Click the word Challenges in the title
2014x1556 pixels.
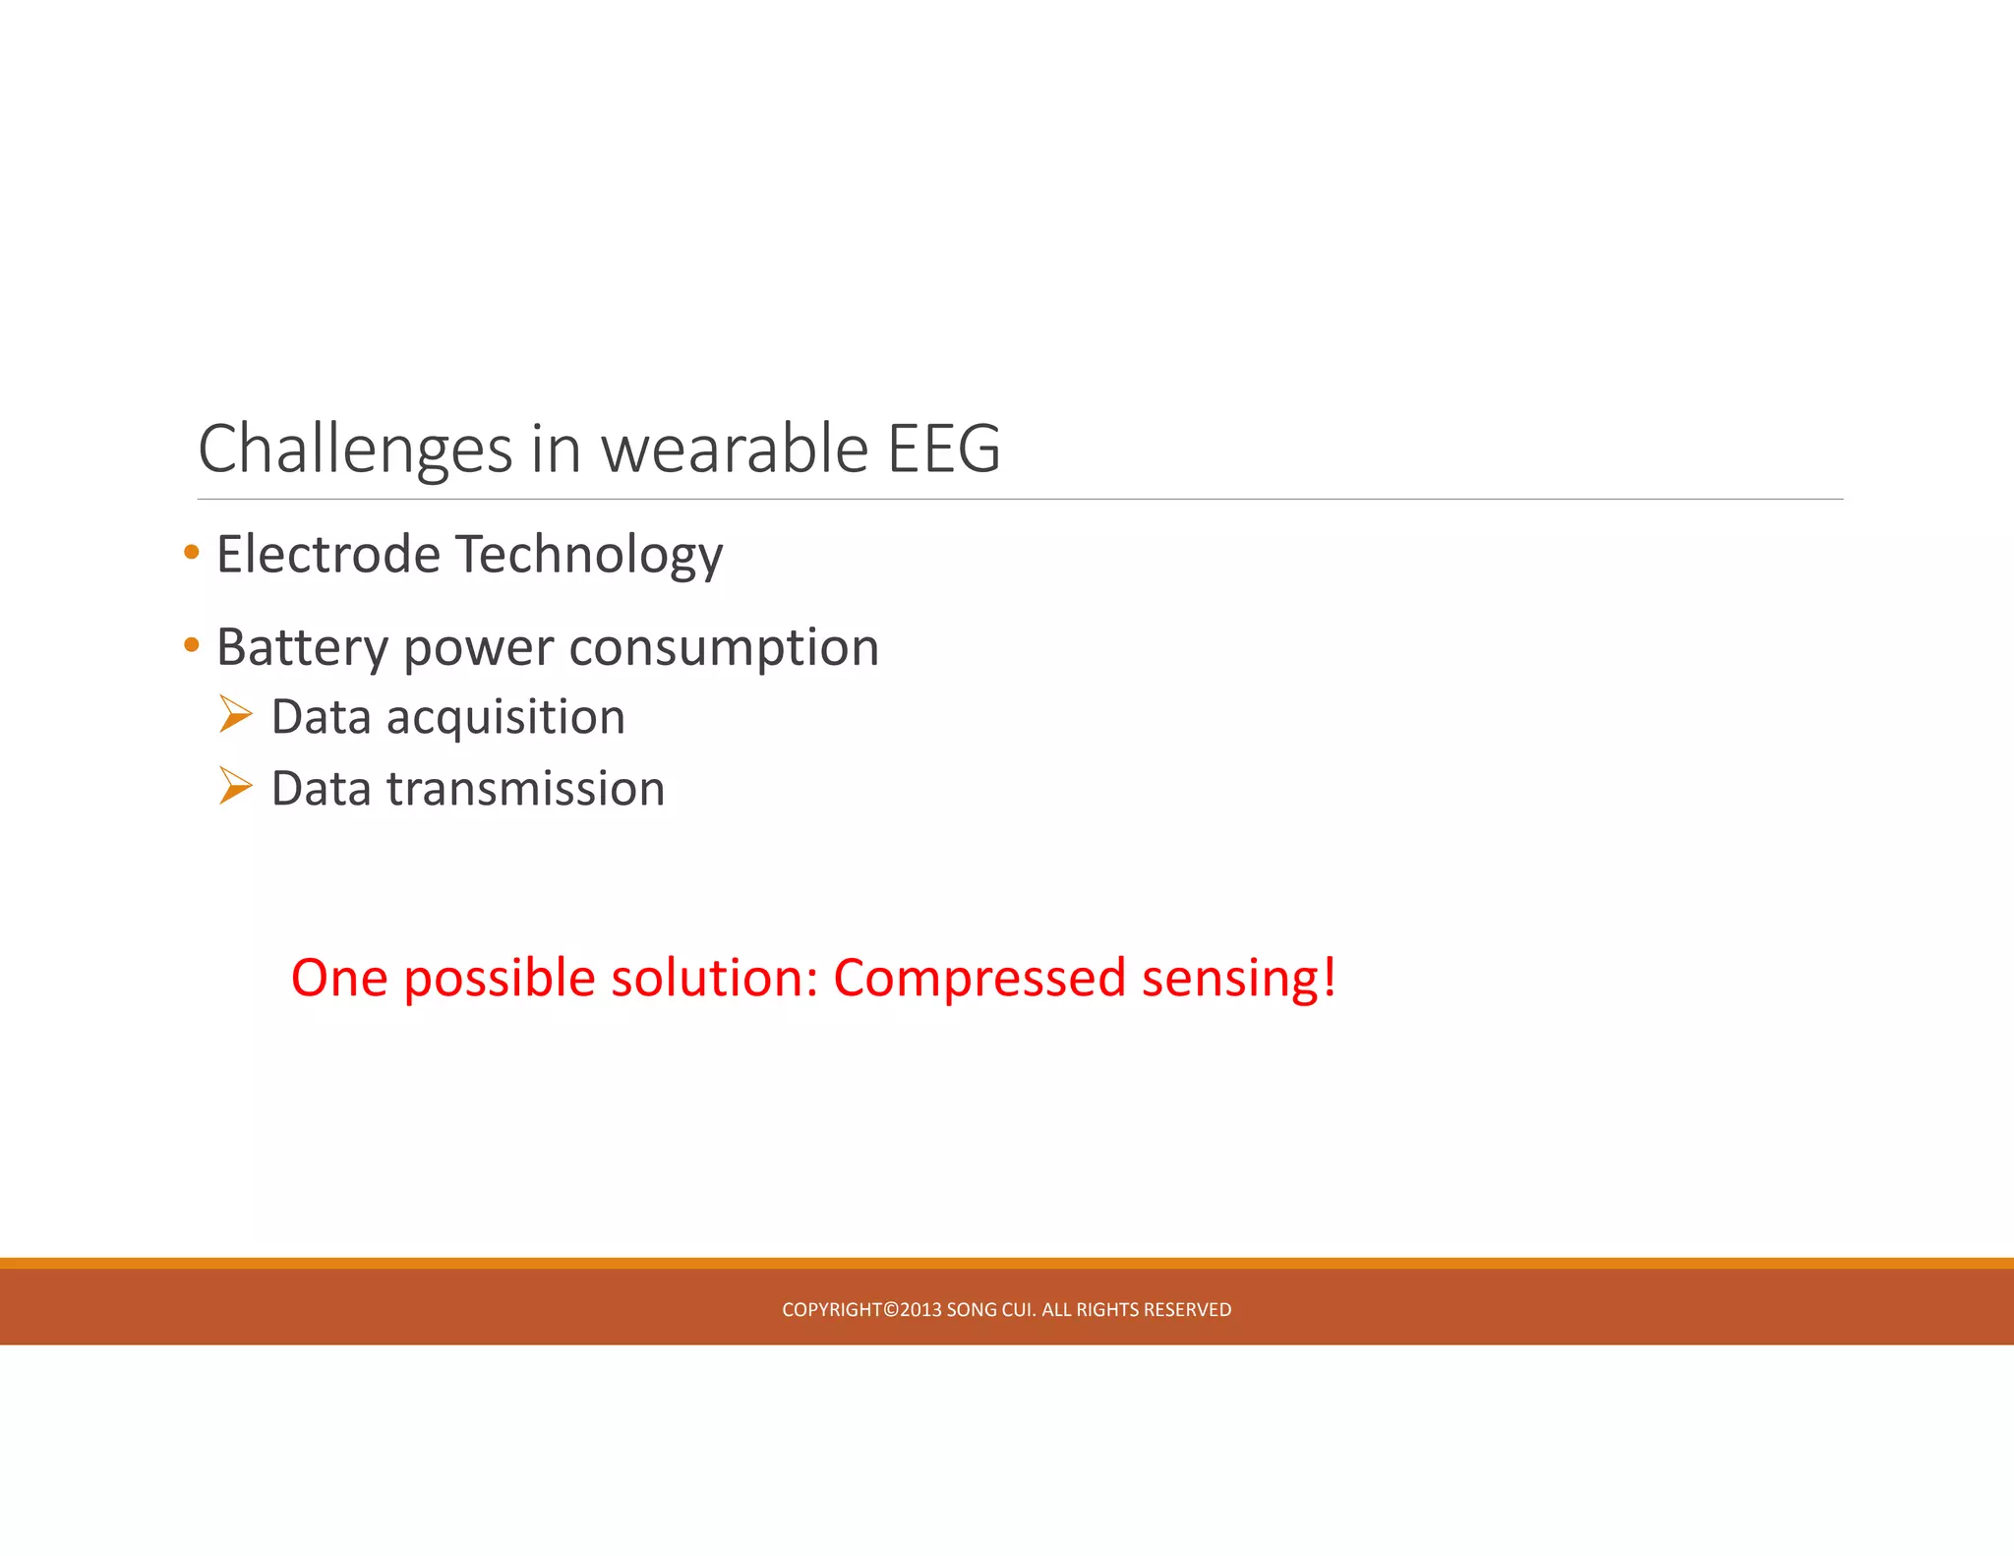[355, 449]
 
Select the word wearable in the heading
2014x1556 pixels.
[735, 449]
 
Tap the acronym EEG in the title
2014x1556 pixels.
[944, 449]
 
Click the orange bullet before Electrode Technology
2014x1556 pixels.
[192, 552]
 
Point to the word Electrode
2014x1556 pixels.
[328, 554]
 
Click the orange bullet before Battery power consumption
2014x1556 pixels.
[192, 645]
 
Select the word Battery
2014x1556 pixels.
[303, 648]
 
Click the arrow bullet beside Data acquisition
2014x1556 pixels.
[236, 714]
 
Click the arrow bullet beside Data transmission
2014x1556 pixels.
[236, 786]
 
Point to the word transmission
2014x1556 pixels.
[526, 789]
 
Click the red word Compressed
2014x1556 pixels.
[979, 979]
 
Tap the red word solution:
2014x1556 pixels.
[715, 979]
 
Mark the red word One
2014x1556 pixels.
[339, 979]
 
